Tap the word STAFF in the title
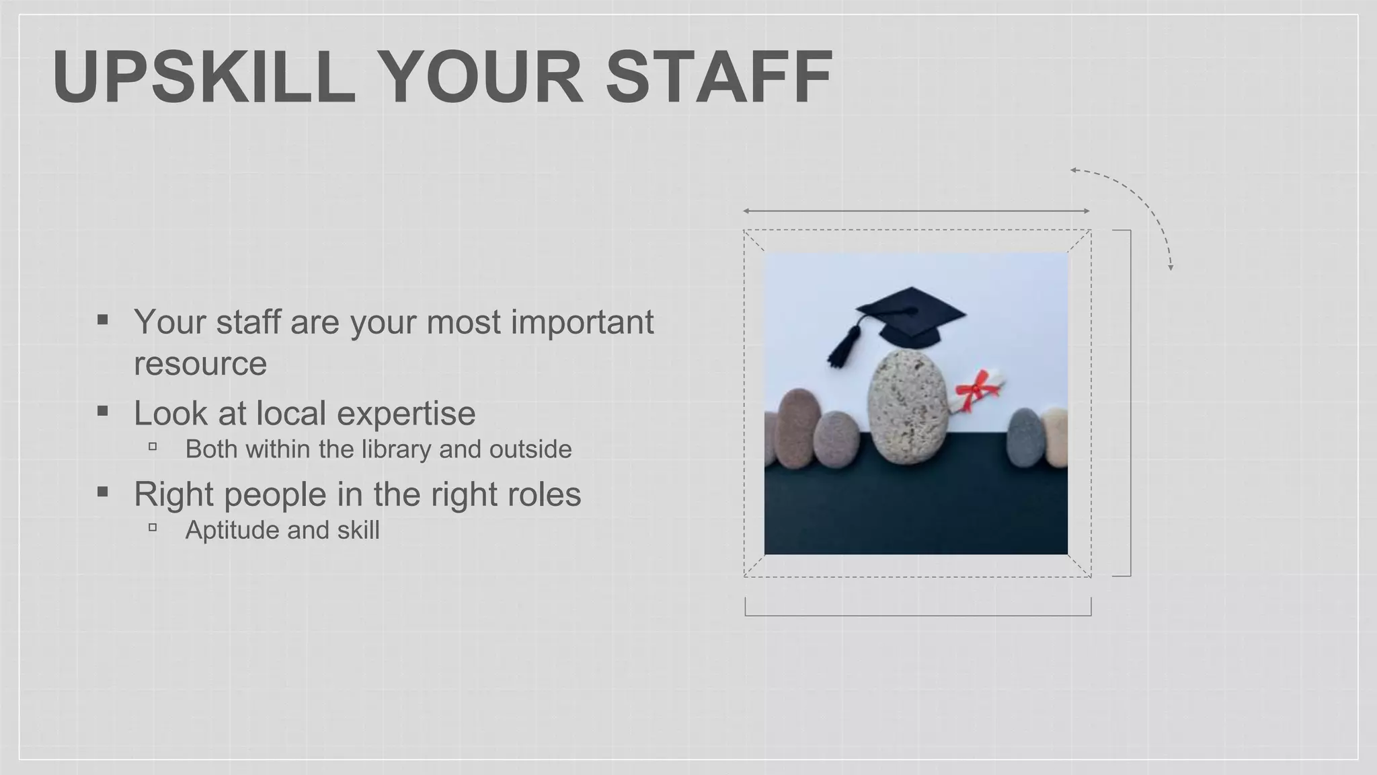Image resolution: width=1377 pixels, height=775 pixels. click(x=719, y=77)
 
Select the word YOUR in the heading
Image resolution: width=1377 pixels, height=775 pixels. click(x=480, y=77)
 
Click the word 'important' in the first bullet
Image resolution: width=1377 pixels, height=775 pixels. click(x=582, y=322)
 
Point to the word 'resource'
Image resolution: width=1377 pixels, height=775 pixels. click(x=200, y=364)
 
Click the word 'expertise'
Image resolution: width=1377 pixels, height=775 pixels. click(x=406, y=413)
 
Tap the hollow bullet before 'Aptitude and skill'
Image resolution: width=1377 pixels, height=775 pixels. click(x=153, y=527)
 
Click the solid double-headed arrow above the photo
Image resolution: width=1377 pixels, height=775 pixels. click(x=916, y=211)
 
